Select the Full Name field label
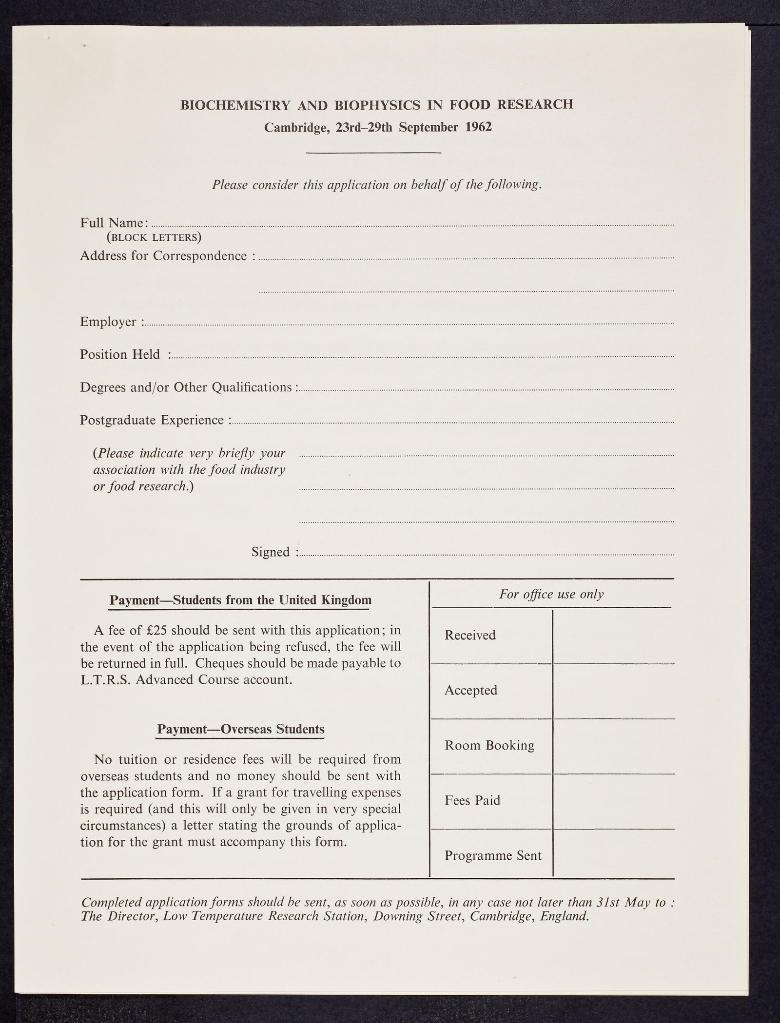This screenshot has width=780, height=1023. click(x=114, y=223)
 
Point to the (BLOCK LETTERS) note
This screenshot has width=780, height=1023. click(x=154, y=238)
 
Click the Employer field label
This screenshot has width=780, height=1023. click(x=111, y=322)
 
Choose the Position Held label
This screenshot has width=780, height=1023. click(x=120, y=354)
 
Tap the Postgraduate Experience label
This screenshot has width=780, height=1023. click(x=152, y=420)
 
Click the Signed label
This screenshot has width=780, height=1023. click(x=271, y=552)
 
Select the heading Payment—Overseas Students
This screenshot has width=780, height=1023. click(x=240, y=730)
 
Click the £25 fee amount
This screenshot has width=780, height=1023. click(x=156, y=630)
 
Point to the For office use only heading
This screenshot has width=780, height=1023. click(x=551, y=595)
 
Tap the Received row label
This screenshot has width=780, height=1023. click(x=470, y=635)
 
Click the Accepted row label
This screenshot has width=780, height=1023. click(x=471, y=690)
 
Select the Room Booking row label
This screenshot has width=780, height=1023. click(x=489, y=745)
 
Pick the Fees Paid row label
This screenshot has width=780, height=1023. click(x=472, y=800)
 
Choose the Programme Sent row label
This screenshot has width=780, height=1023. click(x=493, y=856)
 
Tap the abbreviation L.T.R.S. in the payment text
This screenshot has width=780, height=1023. click(x=104, y=679)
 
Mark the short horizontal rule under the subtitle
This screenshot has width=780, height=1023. click(x=373, y=154)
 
